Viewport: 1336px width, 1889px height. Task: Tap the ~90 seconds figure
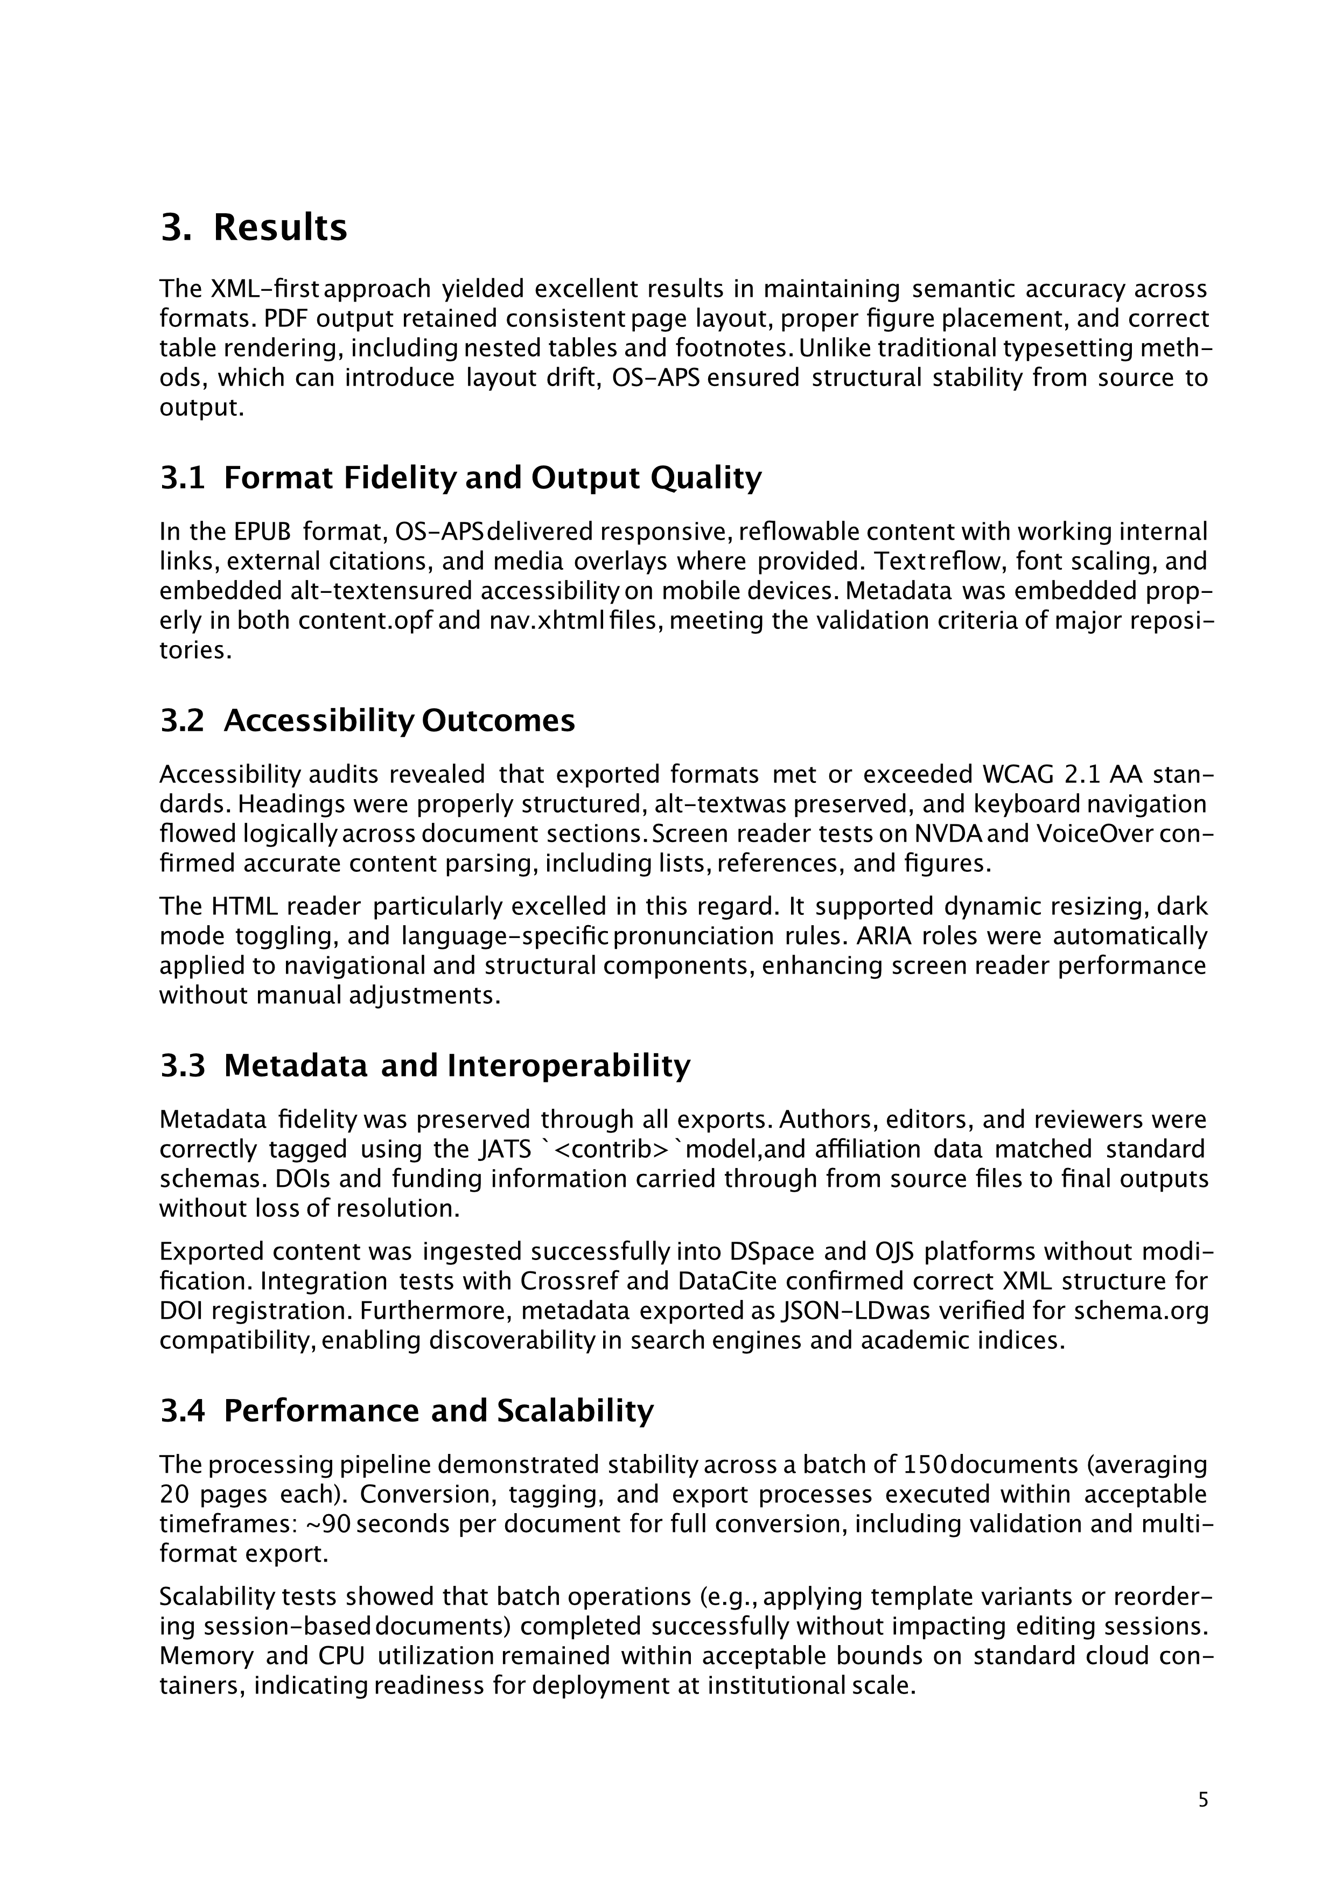click(x=377, y=1524)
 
